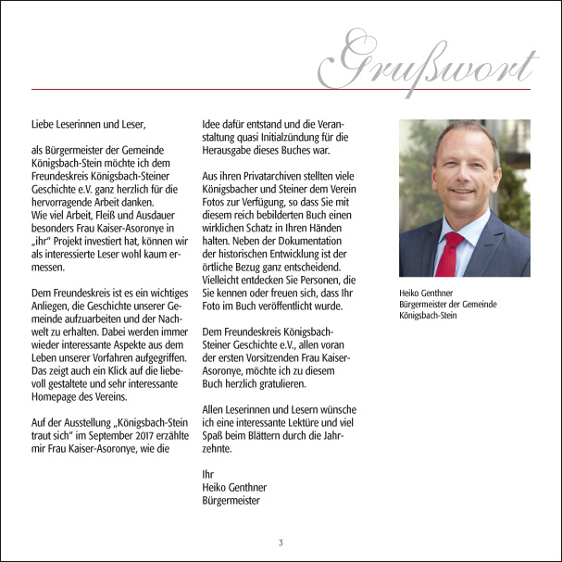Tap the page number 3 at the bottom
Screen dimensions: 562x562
point(281,541)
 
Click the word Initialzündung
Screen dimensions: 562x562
point(290,135)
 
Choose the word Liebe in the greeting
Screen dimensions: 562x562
point(44,121)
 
